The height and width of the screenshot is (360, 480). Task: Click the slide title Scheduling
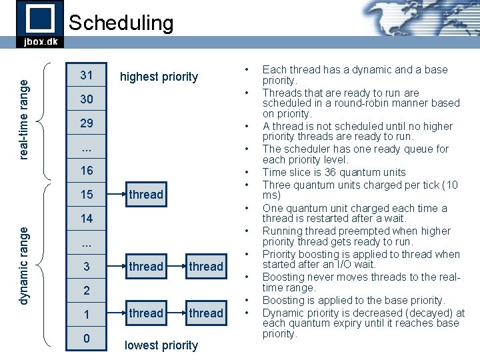(x=121, y=23)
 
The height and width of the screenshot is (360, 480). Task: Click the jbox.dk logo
(x=40, y=24)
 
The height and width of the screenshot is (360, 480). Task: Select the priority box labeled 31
(x=87, y=75)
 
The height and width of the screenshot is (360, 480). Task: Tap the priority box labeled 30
(x=87, y=99)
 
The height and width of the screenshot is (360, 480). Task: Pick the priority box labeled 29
(x=87, y=123)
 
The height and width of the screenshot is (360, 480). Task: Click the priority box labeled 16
(x=87, y=171)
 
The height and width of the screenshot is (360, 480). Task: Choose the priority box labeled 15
(x=87, y=195)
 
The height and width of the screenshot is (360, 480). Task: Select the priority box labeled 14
(x=87, y=219)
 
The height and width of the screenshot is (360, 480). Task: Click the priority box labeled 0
(x=87, y=339)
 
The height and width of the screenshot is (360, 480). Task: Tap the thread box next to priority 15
(x=146, y=195)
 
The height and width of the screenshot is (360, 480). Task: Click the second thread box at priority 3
(x=206, y=267)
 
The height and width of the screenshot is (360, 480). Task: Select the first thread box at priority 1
(x=146, y=313)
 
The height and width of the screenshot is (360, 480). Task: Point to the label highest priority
(x=159, y=77)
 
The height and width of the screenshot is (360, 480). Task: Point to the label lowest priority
(x=161, y=345)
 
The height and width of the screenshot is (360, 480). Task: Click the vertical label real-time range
(x=24, y=119)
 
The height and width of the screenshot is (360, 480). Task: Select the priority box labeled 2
(x=87, y=291)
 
